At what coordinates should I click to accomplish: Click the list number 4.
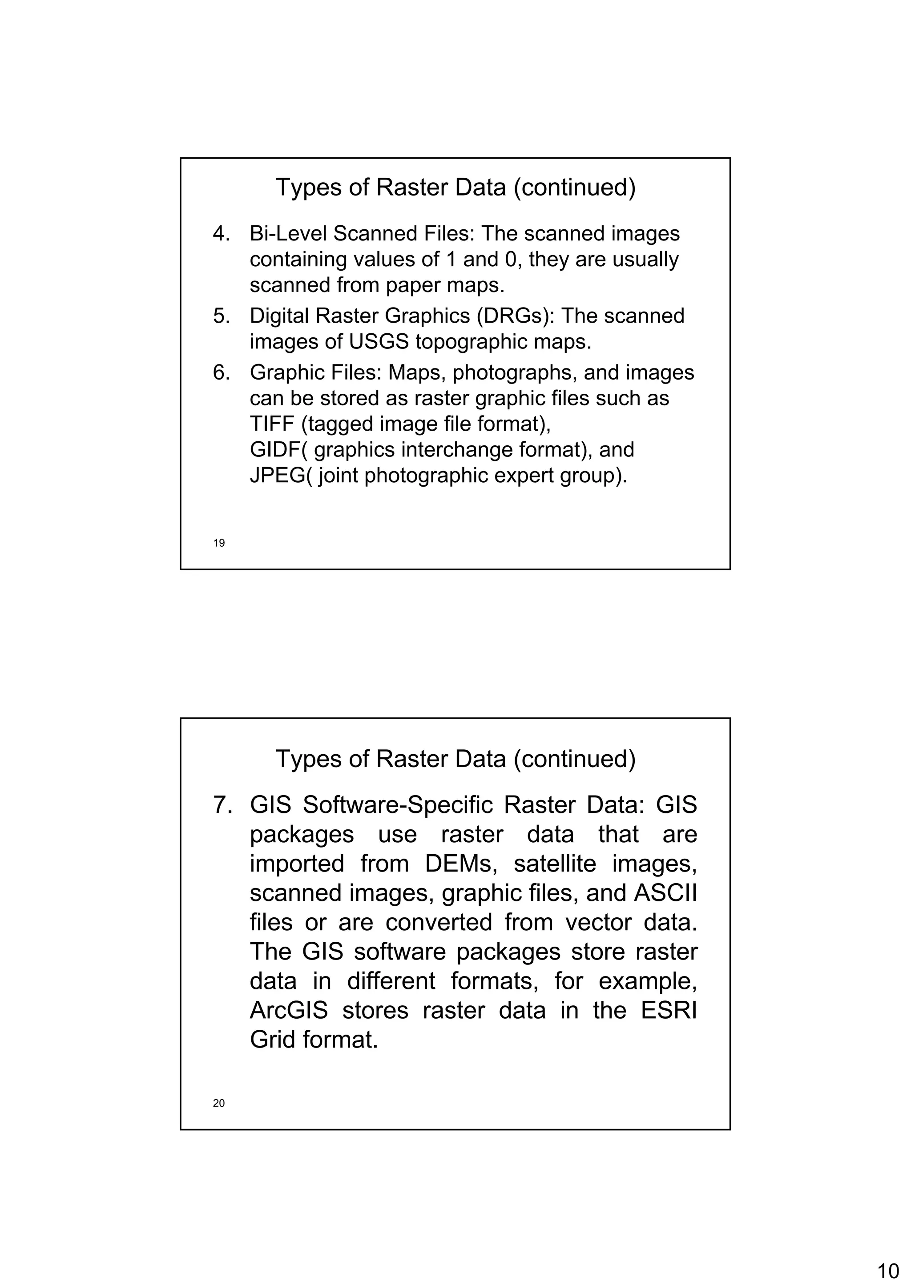221,234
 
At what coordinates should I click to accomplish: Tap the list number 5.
221,316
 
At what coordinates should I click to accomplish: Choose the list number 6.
221,373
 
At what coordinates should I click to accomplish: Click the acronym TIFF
272,424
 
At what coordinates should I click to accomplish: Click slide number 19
219,543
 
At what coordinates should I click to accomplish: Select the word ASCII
665,893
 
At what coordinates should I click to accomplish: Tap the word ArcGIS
289,1010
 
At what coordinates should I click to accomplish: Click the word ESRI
669,1010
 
